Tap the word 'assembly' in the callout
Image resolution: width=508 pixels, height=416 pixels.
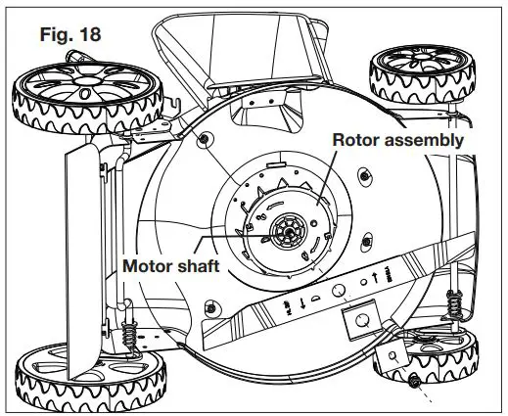click(427, 140)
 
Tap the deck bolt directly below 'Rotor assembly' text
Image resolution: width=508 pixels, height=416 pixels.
click(363, 175)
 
